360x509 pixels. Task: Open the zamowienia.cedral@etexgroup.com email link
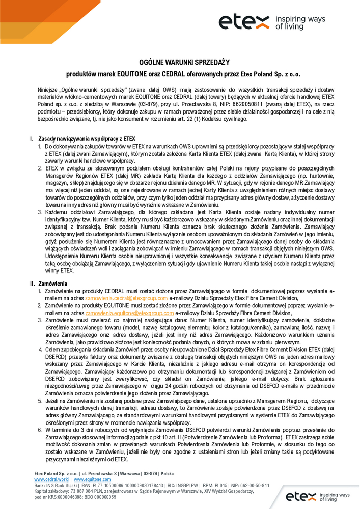(126, 298)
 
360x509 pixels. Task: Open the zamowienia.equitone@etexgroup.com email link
(130, 313)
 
